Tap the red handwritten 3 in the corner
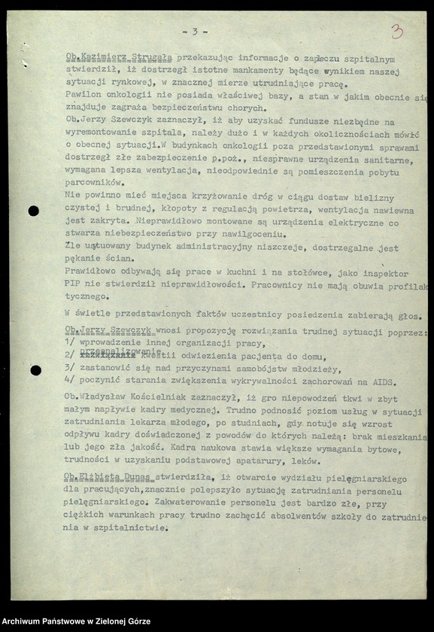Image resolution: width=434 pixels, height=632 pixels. [396, 32]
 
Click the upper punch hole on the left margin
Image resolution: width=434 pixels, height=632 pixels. [33, 211]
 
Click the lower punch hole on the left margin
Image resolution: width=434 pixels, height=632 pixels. [35, 370]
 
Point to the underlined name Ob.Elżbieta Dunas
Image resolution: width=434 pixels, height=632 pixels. [108, 479]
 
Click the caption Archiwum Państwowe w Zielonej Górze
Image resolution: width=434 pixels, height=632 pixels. [76, 621]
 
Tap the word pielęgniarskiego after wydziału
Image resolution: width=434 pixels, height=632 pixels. [369, 479]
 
